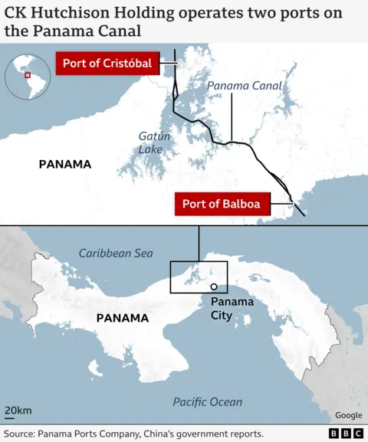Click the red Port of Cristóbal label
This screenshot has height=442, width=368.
[107, 64]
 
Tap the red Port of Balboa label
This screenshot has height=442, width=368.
[221, 205]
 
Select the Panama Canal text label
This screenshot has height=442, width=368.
[245, 86]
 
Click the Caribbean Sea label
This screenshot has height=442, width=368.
[116, 253]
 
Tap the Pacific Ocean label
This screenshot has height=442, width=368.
[207, 401]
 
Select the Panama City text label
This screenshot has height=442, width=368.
[232, 308]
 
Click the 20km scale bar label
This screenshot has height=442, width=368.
[18, 411]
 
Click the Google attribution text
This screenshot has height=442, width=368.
[348, 415]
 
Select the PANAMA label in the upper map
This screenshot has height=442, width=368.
[64, 164]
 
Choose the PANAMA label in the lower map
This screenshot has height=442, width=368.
[122, 317]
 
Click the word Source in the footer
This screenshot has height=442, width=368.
[21, 434]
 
